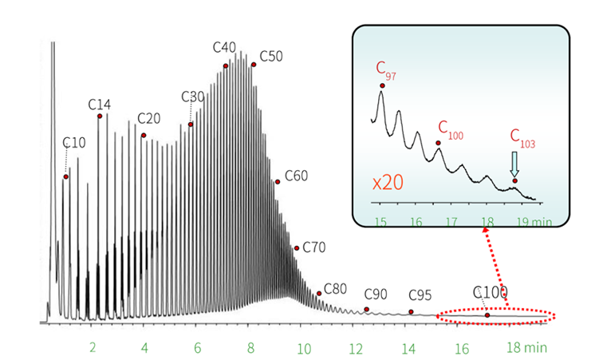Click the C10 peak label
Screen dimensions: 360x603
coord(73,143)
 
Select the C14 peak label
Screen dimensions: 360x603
coord(100,105)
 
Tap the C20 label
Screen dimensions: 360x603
coord(149,118)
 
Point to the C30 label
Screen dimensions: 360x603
coord(193,97)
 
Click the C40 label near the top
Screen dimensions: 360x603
coord(224,47)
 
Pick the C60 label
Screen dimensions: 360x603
coord(296,175)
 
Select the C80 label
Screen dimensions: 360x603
coord(336,288)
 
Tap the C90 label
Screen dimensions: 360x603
coord(376,295)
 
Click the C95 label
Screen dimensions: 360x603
coord(420,295)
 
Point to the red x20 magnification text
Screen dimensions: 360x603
coord(388,182)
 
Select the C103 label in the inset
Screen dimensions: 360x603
coord(522,138)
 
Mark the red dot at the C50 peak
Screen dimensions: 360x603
coord(254,65)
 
